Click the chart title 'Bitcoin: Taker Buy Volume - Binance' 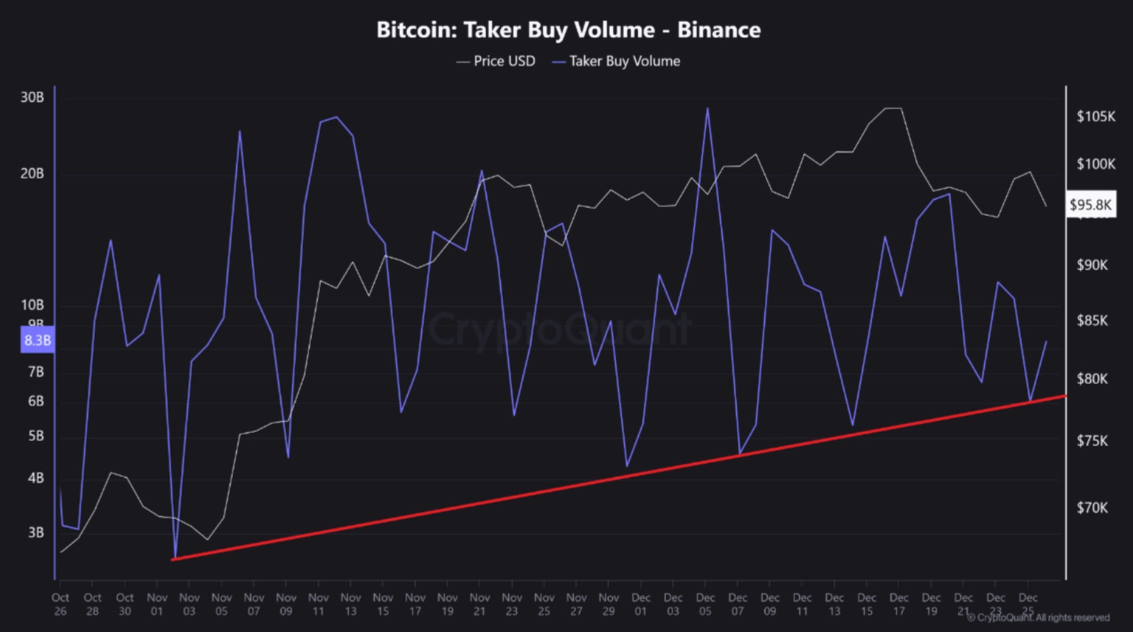(x=568, y=30)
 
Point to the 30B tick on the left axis (x=32, y=97)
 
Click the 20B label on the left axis (x=32, y=174)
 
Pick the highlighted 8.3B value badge (x=37, y=341)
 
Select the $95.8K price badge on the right (x=1090, y=204)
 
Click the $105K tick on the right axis (x=1095, y=117)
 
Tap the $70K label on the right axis (x=1092, y=508)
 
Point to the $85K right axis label (x=1092, y=321)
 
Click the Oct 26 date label (x=60, y=604)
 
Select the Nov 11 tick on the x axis (x=319, y=604)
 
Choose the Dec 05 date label (x=705, y=604)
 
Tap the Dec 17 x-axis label (x=898, y=604)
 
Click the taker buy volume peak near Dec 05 (x=707, y=109)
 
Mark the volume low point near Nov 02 (x=175, y=557)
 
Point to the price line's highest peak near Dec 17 (x=893, y=108)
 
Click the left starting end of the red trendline (x=173, y=560)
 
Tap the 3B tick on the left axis (x=35, y=532)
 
